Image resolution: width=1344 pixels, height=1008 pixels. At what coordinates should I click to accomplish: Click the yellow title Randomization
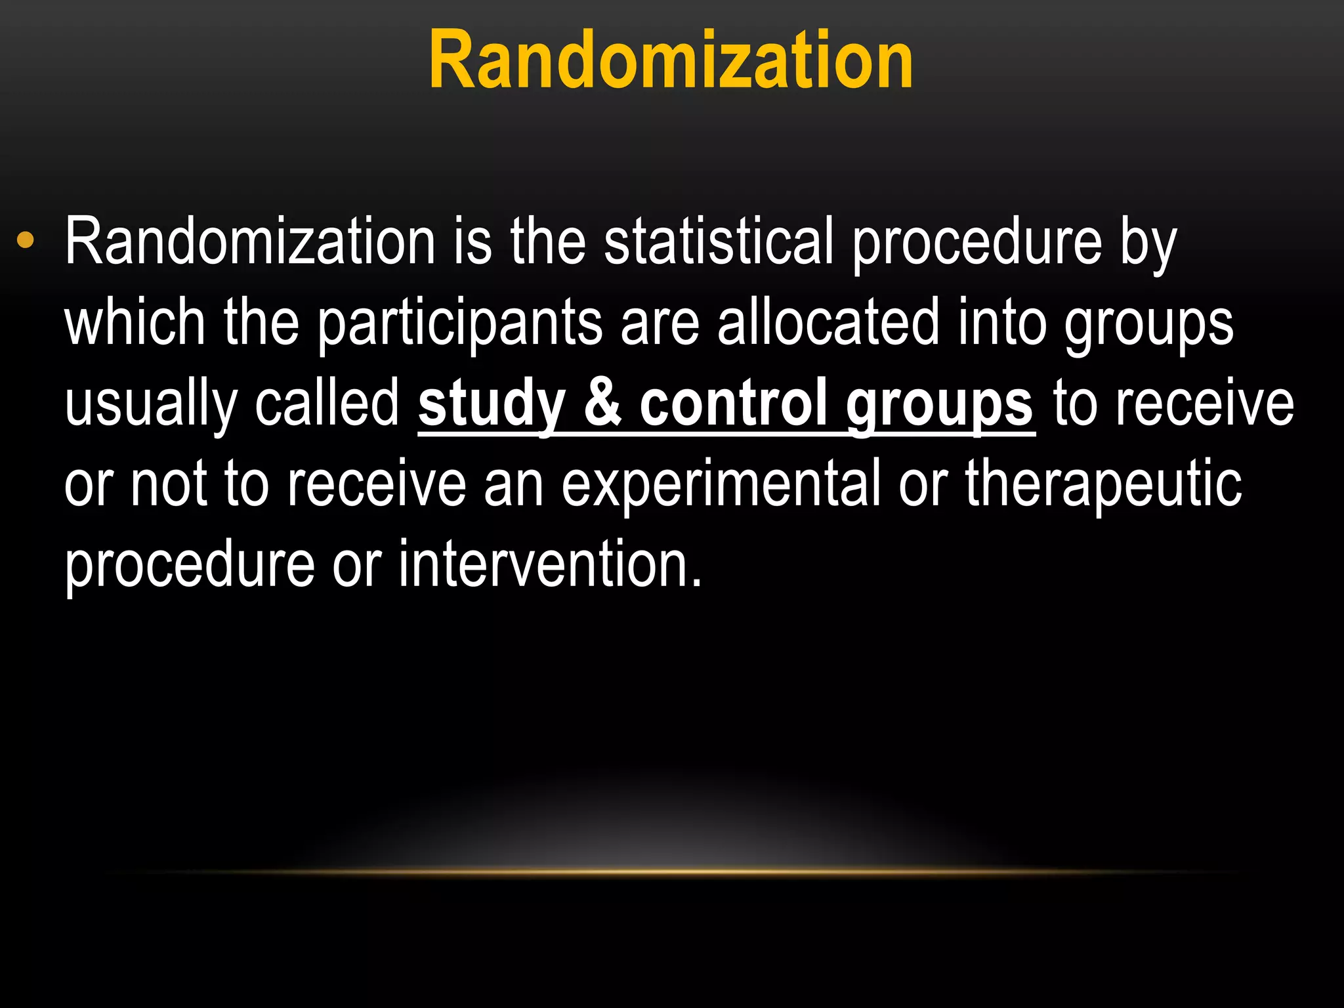click(671, 60)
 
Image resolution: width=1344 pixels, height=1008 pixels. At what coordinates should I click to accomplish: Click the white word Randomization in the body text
click(250, 241)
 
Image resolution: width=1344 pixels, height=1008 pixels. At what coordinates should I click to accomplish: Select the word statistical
click(719, 241)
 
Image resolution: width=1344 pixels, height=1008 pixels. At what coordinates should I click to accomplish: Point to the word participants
click(460, 323)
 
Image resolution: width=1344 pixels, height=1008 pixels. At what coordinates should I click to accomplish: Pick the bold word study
click(492, 404)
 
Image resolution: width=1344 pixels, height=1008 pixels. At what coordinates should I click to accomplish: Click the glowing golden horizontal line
click(672, 871)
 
